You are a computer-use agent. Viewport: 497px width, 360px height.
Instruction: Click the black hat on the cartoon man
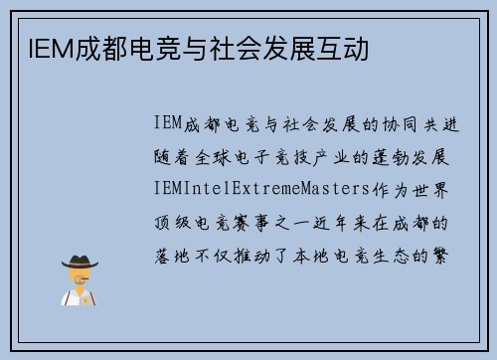pyautogui.click(x=79, y=262)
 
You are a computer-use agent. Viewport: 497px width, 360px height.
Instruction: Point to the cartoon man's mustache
pyautogui.click(x=80, y=281)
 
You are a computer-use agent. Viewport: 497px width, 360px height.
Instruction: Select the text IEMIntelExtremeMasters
pyautogui.click(x=262, y=190)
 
